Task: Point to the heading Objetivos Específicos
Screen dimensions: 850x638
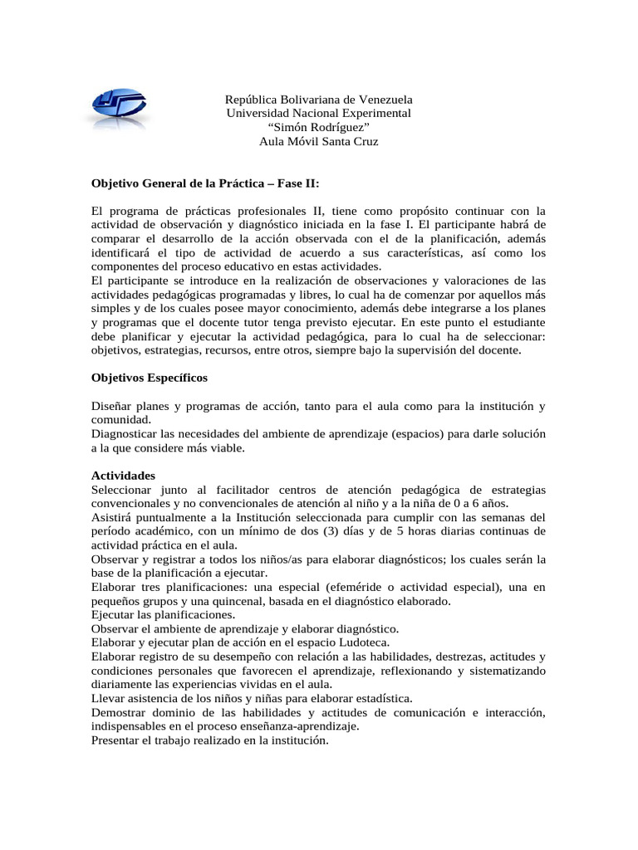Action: coord(150,378)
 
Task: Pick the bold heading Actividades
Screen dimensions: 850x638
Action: coord(123,476)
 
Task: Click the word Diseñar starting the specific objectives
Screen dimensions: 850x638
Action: coord(113,406)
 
